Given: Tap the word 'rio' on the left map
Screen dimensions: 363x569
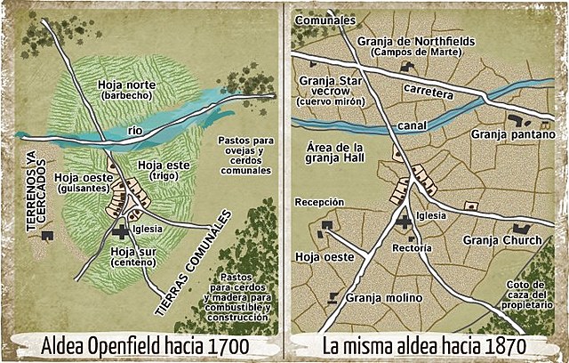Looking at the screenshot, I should [x=135, y=131].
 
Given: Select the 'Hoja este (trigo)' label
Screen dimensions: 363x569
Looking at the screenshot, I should [x=165, y=170].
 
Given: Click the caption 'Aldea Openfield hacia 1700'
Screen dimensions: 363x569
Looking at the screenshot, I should [x=139, y=344].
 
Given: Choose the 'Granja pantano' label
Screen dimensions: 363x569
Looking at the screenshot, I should [x=513, y=134].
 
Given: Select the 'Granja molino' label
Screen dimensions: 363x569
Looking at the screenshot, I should [x=385, y=298].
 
